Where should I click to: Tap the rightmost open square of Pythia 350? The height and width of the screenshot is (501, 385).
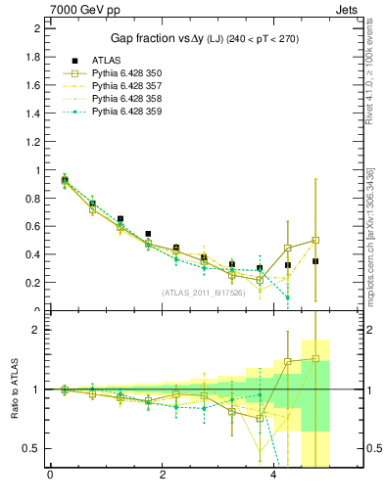315,240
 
